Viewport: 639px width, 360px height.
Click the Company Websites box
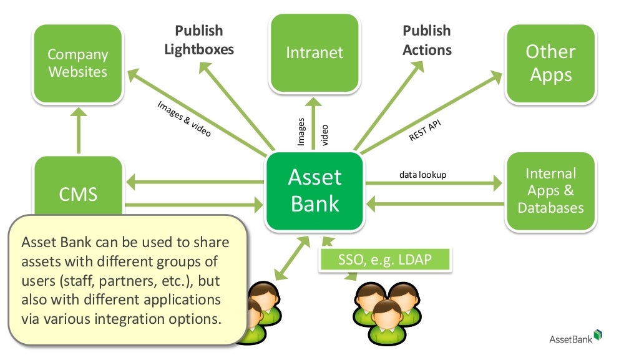78,63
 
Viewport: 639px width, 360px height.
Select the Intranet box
315,52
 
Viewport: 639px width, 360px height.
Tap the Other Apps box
549,63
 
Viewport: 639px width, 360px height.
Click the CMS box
78,193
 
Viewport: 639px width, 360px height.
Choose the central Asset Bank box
315,190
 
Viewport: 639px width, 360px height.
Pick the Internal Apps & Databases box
550,190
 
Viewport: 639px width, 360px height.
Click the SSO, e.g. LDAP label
384,260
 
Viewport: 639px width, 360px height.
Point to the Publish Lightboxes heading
199,40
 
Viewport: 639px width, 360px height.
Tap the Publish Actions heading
427,40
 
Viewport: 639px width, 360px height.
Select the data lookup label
422,175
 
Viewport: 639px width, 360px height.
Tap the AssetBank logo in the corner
575,338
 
